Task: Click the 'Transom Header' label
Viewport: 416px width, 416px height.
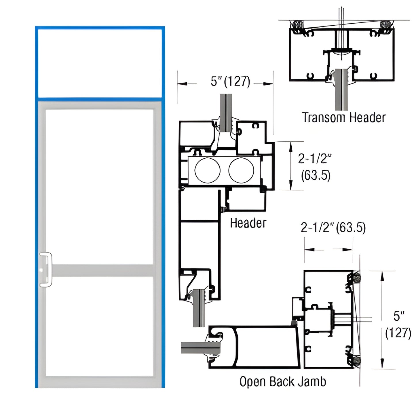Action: (x=344, y=118)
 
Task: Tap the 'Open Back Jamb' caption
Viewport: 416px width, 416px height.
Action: (x=283, y=382)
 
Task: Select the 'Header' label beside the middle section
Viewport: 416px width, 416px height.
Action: (x=248, y=223)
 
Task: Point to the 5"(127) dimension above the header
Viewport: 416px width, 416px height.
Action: (x=230, y=81)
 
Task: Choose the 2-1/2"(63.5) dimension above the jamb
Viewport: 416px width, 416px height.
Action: (x=333, y=228)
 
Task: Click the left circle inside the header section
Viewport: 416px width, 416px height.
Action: (x=207, y=170)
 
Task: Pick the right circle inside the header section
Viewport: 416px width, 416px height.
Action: (x=242, y=170)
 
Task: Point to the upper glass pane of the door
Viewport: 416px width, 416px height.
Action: (x=99, y=187)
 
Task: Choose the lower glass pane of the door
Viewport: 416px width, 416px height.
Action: (x=99, y=326)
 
